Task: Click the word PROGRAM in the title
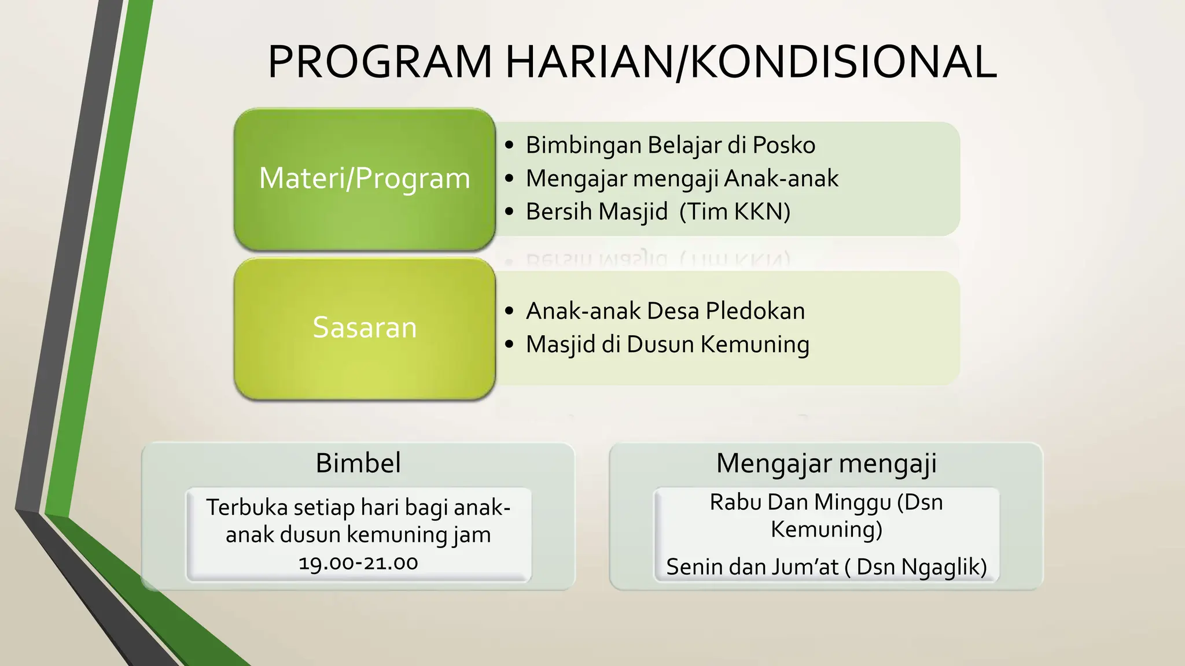pos(380,62)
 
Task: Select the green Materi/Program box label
pos(365,178)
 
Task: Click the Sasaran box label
pos(365,327)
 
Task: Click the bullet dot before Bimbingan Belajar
pos(509,145)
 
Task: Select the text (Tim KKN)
pos(735,212)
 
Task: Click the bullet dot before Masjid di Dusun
pos(509,345)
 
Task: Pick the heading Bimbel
pos(358,463)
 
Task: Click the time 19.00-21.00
pos(358,563)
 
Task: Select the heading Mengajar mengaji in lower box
pos(826,463)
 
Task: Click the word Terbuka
pos(247,507)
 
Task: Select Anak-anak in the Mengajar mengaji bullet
pos(781,179)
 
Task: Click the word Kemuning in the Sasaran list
pos(755,345)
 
